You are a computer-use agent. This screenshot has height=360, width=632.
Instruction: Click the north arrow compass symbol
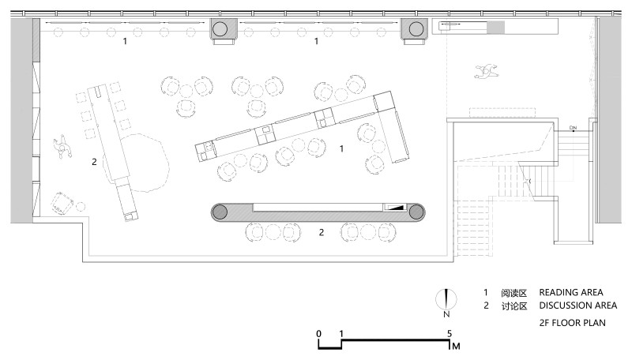(446, 300)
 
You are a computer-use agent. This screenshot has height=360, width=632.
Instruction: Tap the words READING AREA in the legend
(570, 292)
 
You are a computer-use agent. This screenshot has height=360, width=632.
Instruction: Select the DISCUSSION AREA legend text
(578, 306)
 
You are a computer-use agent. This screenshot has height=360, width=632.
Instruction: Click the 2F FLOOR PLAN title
(572, 323)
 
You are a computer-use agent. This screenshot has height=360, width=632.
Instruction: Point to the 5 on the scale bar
(450, 333)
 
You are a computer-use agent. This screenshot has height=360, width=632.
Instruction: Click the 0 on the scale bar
(319, 333)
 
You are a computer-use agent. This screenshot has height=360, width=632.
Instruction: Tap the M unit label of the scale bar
(456, 346)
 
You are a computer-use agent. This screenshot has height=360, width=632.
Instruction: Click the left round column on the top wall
(220, 29)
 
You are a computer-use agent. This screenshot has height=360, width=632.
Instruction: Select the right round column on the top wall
(416, 29)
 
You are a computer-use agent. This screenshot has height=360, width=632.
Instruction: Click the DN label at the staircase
(573, 128)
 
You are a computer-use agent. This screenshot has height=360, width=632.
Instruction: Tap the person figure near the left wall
(62, 148)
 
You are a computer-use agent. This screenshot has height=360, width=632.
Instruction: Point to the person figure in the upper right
(487, 71)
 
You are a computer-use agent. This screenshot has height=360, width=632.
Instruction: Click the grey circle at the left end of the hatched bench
(220, 212)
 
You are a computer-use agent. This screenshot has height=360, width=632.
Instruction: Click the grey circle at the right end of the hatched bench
(417, 212)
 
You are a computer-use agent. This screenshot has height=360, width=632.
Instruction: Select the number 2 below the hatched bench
(322, 232)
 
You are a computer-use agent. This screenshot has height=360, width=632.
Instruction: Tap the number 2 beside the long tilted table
(94, 162)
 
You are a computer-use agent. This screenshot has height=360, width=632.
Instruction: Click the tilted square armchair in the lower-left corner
(62, 203)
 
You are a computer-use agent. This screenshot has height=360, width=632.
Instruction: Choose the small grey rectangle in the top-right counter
(496, 28)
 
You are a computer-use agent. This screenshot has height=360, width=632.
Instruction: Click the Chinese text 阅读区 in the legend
(514, 293)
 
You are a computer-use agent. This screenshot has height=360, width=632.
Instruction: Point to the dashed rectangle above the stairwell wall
(502, 112)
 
